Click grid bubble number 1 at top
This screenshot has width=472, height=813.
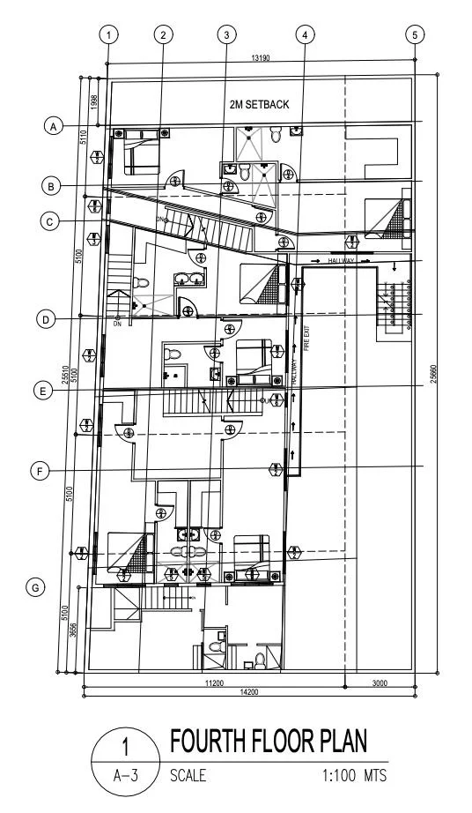[108, 35]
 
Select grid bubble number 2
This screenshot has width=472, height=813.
[163, 35]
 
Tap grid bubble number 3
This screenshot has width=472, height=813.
[227, 35]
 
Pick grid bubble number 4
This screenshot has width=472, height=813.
[304, 35]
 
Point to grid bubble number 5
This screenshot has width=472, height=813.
[416, 35]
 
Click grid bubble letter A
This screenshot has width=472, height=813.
[55, 126]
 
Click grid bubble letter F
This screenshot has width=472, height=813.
[40, 472]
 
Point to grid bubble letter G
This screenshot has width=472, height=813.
[36, 587]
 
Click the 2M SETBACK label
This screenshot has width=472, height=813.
[259, 105]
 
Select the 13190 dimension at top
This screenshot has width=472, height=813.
[259, 58]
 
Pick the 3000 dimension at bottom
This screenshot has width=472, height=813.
[380, 682]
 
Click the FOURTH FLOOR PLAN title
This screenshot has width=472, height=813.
[268, 740]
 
